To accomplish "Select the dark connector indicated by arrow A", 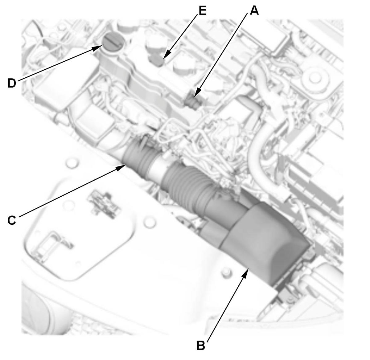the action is pos(192,101).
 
